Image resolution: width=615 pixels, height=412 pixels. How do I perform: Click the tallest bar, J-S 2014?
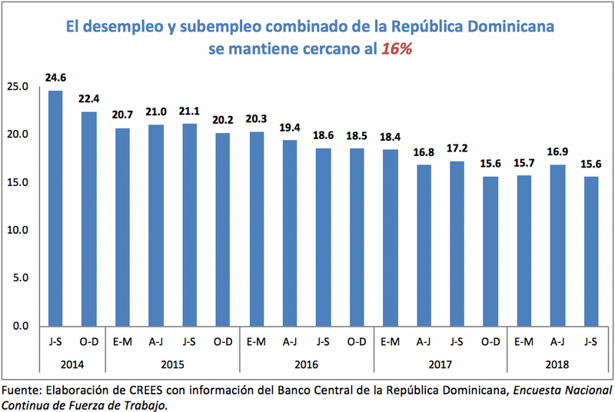click(55, 208)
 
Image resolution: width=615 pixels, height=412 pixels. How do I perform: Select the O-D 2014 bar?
click(88, 218)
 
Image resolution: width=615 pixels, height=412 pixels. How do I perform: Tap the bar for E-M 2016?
click(256, 228)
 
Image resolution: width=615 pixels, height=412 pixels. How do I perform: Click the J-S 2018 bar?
click(590, 251)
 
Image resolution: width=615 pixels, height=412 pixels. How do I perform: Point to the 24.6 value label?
click(55, 78)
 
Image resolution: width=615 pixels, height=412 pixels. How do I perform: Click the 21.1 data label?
click(189, 111)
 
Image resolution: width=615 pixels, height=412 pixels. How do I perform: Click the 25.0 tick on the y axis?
click(16, 87)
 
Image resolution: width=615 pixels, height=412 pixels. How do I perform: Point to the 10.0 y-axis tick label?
click(16, 230)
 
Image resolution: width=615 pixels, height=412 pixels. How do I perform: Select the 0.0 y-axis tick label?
click(18, 325)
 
